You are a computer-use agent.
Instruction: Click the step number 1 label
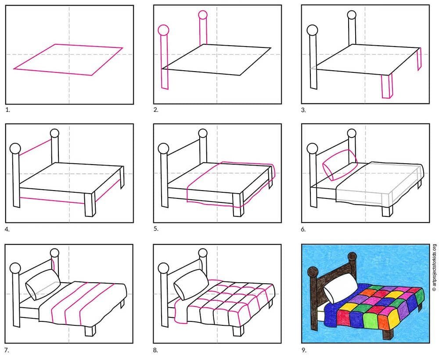click(x=7, y=110)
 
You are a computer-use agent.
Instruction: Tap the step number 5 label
click(x=156, y=229)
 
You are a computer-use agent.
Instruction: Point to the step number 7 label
click(x=7, y=350)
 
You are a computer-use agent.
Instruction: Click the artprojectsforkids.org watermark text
click(x=434, y=267)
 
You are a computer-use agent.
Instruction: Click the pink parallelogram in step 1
click(x=68, y=60)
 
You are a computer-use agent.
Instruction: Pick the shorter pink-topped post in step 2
click(x=203, y=28)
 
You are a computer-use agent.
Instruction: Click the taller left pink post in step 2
click(x=164, y=58)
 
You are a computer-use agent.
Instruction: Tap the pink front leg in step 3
click(x=387, y=86)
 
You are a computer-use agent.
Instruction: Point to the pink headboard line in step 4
click(x=36, y=147)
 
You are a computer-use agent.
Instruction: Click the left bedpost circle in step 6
click(x=312, y=148)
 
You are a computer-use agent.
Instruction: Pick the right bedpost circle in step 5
click(x=203, y=133)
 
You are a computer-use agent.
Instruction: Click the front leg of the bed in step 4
click(x=90, y=204)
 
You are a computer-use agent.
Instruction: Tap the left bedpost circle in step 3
click(x=312, y=30)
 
